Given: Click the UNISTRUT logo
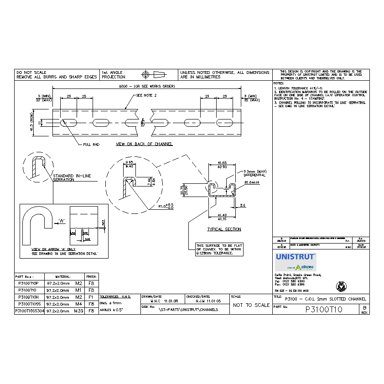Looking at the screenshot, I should (x=295, y=257).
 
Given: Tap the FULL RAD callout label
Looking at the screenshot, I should (x=91, y=144).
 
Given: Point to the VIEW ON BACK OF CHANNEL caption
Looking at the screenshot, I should (x=144, y=144).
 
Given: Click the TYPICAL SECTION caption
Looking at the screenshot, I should (x=224, y=229).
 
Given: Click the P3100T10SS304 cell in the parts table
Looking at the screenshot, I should (x=29, y=311).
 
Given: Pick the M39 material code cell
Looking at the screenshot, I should (x=78, y=311).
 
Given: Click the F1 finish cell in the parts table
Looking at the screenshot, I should (x=91, y=297).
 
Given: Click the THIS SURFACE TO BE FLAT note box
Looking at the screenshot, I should (x=219, y=249).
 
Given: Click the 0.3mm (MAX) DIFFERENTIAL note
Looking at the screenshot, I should (x=254, y=173).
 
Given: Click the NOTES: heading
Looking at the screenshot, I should (x=279, y=83).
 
